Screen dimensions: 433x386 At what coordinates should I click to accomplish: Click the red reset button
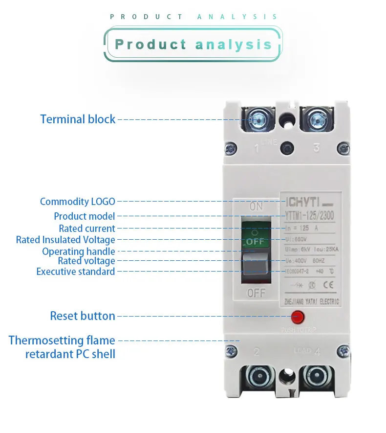coord(298,317)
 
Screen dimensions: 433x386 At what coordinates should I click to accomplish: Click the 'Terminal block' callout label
coord(78,119)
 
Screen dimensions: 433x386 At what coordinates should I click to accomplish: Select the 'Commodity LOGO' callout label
coord(78,202)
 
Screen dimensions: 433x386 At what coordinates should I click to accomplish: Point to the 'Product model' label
coord(85,216)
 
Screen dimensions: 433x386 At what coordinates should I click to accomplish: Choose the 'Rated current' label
coord(87,228)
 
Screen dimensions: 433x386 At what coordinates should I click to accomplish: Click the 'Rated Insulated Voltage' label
coord(65,240)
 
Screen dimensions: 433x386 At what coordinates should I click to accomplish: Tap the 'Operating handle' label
coord(79,251)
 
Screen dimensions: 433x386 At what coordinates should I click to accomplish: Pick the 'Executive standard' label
coord(76,272)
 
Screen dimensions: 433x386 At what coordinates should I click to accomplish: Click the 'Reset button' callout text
coord(83,316)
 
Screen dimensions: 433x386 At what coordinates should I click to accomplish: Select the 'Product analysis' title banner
coord(193,45)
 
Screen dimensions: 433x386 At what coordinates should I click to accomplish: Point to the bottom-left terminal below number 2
coord(257,376)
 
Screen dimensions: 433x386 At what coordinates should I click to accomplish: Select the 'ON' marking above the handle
coord(256,206)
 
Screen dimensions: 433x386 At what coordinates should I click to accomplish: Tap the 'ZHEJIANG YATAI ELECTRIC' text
coord(312,302)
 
